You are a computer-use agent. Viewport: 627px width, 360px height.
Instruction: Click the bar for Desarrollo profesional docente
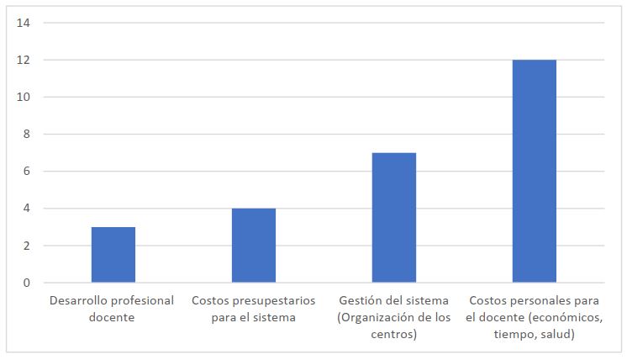113,254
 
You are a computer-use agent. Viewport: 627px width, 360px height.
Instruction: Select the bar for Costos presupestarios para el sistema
254,245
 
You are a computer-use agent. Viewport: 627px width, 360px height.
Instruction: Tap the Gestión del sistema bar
394,217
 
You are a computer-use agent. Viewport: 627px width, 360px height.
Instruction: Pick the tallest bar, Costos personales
535,171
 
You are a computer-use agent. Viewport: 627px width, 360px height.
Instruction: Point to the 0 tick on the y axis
25,283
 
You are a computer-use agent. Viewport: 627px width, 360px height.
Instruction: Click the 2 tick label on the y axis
25,246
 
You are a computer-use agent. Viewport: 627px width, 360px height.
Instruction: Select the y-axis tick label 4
25,209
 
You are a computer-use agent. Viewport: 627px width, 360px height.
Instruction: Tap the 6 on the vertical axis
25,172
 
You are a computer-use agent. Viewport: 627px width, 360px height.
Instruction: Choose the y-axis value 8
25,134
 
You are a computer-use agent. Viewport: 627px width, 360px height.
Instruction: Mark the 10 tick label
23,97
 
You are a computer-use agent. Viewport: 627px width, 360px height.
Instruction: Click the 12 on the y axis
23,60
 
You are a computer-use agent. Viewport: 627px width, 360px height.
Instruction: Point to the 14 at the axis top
23,23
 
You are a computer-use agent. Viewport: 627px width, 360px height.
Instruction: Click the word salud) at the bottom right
556,334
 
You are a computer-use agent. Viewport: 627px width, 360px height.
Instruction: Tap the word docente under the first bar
113,317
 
